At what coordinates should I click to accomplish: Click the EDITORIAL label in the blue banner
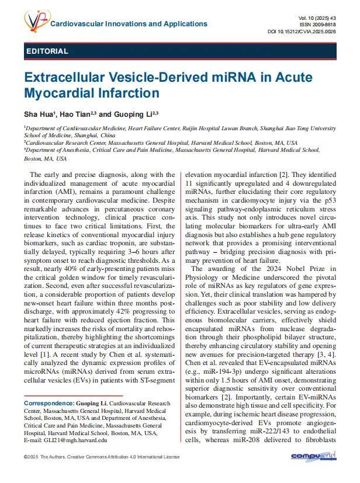pos(47,51)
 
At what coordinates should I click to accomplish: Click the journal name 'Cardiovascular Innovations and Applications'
pos(129,24)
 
